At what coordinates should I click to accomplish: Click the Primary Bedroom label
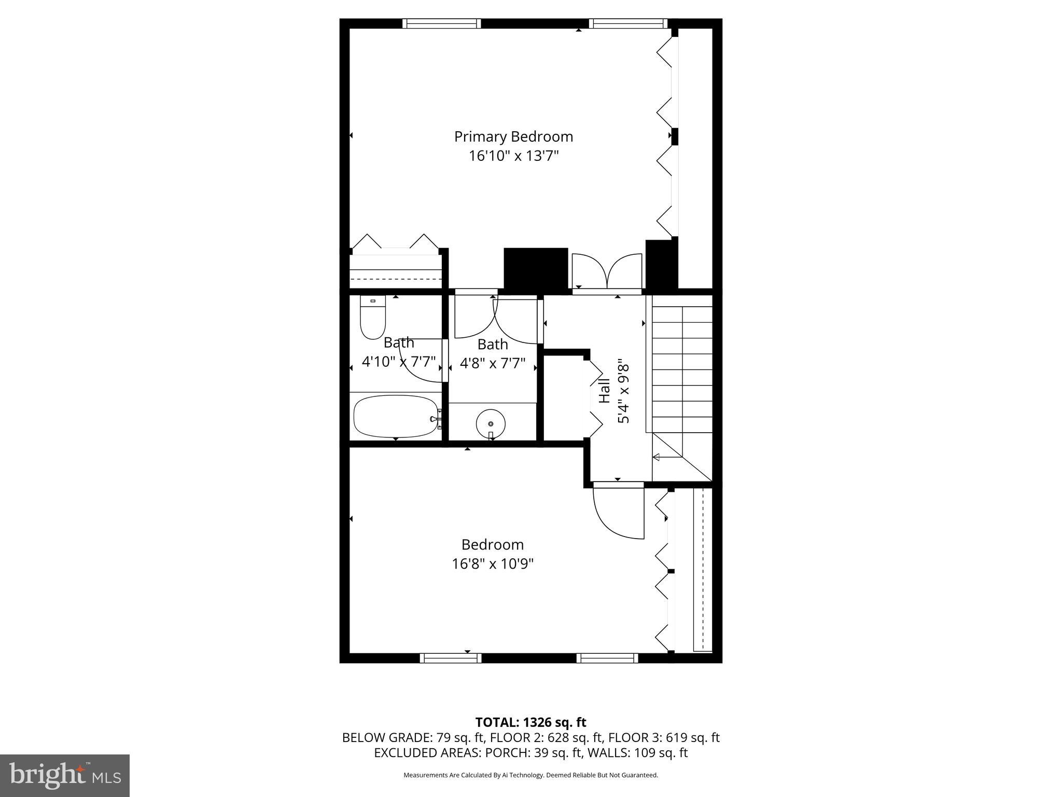[x=513, y=136]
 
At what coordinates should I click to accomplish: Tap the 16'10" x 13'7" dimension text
[x=513, y=156]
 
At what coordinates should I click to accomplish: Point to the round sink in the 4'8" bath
[x=491, y=423]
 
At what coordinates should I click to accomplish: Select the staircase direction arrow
[x=667, y=457]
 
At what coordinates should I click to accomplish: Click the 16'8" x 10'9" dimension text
[x=492, y=564]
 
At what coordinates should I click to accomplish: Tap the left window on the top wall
[x=441, y=23]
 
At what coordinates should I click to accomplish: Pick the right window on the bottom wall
[x=607, y=658]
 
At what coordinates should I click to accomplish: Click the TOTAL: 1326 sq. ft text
[x=530, y=722]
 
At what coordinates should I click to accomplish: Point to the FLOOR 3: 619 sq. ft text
[x=664, y=737]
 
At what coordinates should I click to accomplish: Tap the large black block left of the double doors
[x=536, y=268]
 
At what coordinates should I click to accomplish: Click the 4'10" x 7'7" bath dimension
[x=398, y=361]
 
